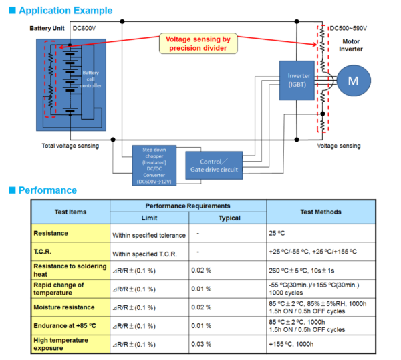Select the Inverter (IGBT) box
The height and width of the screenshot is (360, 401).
[295, 80]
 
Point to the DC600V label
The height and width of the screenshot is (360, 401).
[86, 29]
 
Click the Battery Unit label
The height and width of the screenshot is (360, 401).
[48, 29]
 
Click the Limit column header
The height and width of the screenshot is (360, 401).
[149, 218]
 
